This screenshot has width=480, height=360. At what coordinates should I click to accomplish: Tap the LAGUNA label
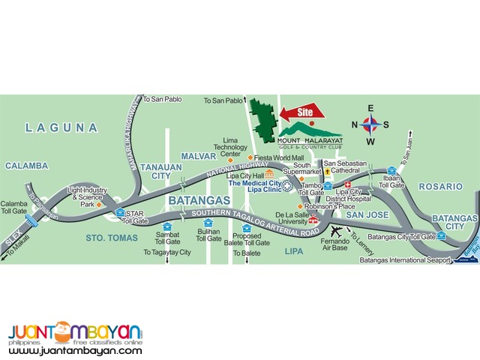point(61,128)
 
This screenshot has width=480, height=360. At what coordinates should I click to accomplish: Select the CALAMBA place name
point(25,166)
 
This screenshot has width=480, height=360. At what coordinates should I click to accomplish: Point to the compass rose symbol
point(370,124)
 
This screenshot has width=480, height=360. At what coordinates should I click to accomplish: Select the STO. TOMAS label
point(112,238)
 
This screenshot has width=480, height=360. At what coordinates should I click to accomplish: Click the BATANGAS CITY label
point(455,222)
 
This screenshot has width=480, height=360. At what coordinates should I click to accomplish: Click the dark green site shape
point(262,120)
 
